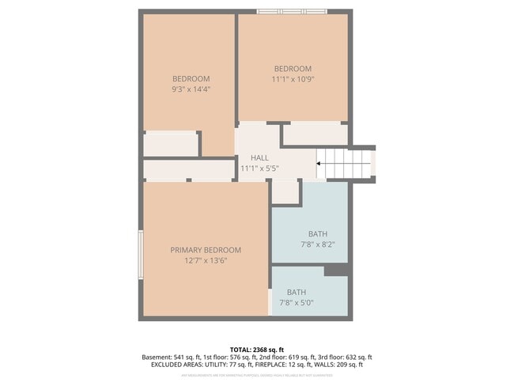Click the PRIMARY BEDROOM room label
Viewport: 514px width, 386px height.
click(206, 250)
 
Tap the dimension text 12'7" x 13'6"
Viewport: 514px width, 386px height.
click(206, 260)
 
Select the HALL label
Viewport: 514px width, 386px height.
click(259, 158)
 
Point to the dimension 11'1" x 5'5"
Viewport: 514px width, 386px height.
click(259, 168)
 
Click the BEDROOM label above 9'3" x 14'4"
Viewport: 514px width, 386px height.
click(191, 78)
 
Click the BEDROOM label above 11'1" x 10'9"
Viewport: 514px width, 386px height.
click(293, 69)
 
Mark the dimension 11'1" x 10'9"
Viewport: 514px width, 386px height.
click(293, 79)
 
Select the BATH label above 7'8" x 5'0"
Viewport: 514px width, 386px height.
click(297, 292)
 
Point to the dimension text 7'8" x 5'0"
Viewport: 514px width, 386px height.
click(297, 302)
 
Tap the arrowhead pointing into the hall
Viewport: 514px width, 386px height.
click(319, 165)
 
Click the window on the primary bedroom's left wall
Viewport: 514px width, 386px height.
click(141, 255)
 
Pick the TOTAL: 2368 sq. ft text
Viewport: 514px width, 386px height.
click(256, 349)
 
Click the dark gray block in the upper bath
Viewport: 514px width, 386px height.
click(337, 271)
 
